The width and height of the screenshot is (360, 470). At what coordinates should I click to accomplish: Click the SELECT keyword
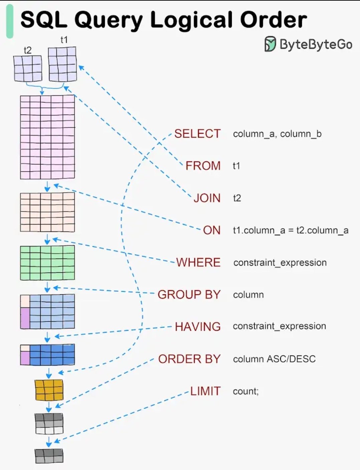[197, 134]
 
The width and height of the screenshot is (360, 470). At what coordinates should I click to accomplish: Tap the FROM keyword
[203, 166]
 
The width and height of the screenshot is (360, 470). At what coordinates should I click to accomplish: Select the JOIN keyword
[207, 198]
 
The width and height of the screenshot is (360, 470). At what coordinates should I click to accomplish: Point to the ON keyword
[212, 230]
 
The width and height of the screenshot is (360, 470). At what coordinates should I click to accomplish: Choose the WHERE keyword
[198, 263]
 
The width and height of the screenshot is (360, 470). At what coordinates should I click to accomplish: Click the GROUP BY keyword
[189, 295]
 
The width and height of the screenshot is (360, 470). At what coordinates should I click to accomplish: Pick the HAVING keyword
[198, 327]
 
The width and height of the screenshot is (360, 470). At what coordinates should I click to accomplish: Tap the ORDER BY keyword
[189, 359]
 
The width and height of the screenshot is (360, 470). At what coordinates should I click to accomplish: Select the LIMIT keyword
[205, 391]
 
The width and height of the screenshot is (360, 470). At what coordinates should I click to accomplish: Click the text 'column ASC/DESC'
[274, 359]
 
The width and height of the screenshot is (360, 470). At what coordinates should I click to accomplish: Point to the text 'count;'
[246, 391]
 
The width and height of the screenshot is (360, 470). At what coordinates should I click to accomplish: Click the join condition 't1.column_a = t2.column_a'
[291, 230]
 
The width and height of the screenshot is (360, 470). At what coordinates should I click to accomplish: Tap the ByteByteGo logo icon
[270, 44]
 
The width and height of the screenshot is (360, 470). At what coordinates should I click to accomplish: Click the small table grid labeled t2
[28, 68]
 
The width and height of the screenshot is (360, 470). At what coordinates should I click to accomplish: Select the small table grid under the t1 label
[62, 64]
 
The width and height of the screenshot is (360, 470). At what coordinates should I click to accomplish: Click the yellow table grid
[49, 390]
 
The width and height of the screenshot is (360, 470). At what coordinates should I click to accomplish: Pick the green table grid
[47, 263]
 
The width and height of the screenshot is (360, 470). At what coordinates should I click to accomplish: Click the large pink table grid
[47, 137]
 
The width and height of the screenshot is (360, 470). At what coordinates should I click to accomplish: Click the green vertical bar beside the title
[10, 21]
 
